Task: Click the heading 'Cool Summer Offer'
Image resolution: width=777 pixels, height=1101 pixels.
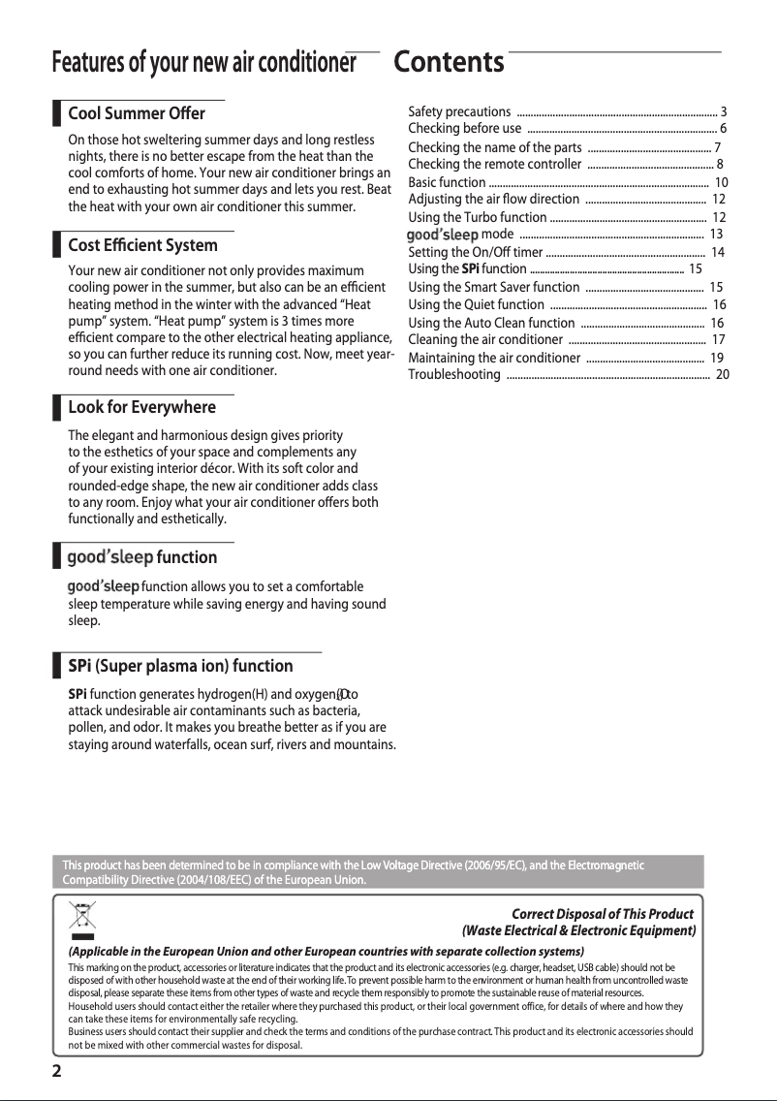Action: [x=137, y=114]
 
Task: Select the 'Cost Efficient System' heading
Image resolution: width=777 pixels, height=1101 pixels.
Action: [x=142, y=245]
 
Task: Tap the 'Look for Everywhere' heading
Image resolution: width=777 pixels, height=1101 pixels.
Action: [x=141, y=407]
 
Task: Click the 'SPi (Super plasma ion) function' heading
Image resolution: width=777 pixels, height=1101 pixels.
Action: [x=180, y=666]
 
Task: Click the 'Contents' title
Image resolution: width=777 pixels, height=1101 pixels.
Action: [x=450, y=62]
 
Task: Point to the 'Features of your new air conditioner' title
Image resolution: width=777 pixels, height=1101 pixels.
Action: [x=203, y=63]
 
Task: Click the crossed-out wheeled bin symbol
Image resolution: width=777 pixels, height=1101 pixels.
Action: [x=82, y=917]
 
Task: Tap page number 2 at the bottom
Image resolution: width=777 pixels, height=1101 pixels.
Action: [x=57, y=1071]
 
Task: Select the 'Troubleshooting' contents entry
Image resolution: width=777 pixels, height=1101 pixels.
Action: [x=454, y=375]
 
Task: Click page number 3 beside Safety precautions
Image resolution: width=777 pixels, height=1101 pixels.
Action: [x=723, y=112]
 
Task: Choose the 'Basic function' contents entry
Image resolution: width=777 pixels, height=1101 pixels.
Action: [x=447, y=182]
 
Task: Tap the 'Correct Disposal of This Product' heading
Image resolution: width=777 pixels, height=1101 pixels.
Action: [x=602, y=914]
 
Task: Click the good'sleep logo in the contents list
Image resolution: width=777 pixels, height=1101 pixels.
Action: [x=442, y=235]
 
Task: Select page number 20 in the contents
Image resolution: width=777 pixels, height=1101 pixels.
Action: [x=722, y=375]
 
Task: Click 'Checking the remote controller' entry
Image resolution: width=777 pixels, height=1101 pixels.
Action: [x=494, y=165]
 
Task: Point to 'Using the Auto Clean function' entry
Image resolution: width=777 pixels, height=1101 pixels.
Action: [x=491, y=323]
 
